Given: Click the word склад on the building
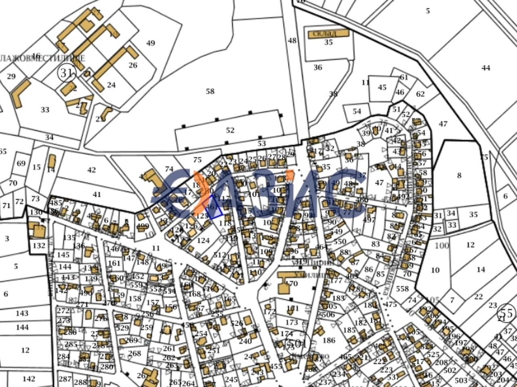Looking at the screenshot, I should (328, 34).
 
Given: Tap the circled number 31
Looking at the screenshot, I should (67, 73).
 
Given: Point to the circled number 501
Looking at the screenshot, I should (299, 344).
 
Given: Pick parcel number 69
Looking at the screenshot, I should (21, 163).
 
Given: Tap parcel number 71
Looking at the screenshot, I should (6, 205).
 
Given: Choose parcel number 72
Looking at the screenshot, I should (19, 201).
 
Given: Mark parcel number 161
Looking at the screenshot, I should (114, 263).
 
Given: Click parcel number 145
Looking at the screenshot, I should (63, 255).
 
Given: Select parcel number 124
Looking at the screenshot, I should (203, 241).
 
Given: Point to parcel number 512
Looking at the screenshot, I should (220, 255).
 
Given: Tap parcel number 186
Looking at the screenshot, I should (329, 340).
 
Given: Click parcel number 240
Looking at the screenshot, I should (245, 341).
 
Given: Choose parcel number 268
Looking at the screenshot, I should (135, 353).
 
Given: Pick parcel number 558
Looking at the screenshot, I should (402, 289).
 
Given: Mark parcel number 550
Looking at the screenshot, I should (340, 241).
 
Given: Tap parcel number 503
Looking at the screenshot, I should (461, 380).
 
